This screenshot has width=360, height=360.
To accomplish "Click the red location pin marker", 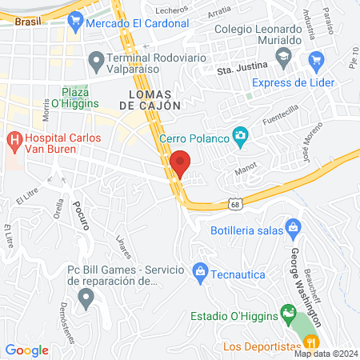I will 181,163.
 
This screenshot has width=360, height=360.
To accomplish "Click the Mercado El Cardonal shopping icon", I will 76,23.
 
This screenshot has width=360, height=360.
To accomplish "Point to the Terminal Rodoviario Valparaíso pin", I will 96,59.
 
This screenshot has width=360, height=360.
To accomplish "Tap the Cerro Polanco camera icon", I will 239,137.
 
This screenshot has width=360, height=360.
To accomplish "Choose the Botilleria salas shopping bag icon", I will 292,226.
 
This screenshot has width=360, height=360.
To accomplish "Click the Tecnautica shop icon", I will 200,272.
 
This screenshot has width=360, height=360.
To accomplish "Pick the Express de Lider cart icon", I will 316,59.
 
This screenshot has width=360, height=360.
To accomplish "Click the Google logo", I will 27,350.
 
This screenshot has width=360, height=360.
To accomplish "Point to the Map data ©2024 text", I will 325,354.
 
